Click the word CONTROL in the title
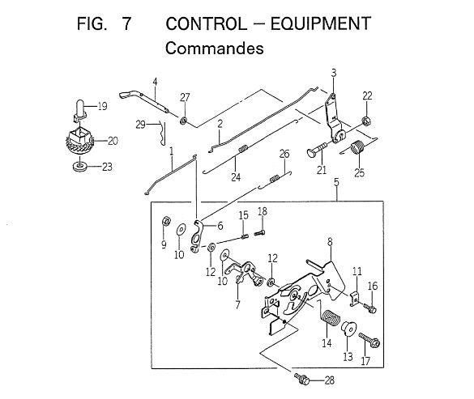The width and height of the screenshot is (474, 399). pyautogui.click(x=206, y=23)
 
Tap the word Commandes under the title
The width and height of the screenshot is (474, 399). pyautogui.click(x=215, y=49)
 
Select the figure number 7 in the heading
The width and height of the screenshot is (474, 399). pyautogui.click(x=126, y=23)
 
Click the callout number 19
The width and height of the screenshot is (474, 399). pyautogui.click(x=102, y=106)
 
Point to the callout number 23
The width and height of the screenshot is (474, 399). pyautogui.click(x=107, y=167)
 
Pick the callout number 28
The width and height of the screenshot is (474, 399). pyautogui.click(x=330, y=380)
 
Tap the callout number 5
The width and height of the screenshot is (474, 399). pyautogui.click(x=336, y=182)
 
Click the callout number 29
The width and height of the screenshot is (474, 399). pyautogui.click(x=140, y=125)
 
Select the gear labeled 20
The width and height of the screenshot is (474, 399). pyautogui.click(x=79, y=141)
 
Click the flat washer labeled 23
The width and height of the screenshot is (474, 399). pyautogui.click(x=79, y=167)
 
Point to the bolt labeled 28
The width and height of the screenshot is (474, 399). pyautogui.click(x=301, y=379)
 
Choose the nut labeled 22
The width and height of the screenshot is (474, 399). pyautogui.click(x=367, y=121)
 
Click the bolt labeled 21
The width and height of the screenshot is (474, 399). pyautogui.click(x=316, y=150)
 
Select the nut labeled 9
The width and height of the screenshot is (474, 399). pyautogui.click(x=165, y=222)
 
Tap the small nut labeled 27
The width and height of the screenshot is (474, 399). pyautogui.click(x=183, y=121)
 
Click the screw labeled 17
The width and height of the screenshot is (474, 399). pyautogui.click(x=369, y=340)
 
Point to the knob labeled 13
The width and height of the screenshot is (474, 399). pyautogui.click(x=349, y=329)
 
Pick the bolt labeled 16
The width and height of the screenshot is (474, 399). pyautogui.click(x=370, y=308)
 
